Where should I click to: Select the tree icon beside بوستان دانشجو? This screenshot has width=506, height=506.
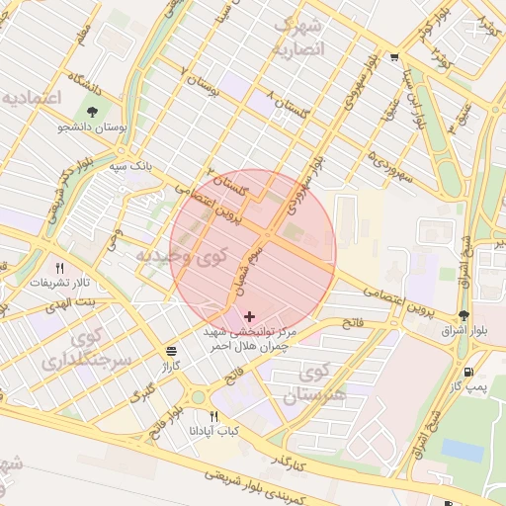pyautogui.click(x=93, y=112)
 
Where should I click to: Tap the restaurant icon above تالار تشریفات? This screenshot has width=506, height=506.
pyautogui.click(x=59, y=268)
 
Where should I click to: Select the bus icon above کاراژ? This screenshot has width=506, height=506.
pyautogui.click(x=172, y=351)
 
